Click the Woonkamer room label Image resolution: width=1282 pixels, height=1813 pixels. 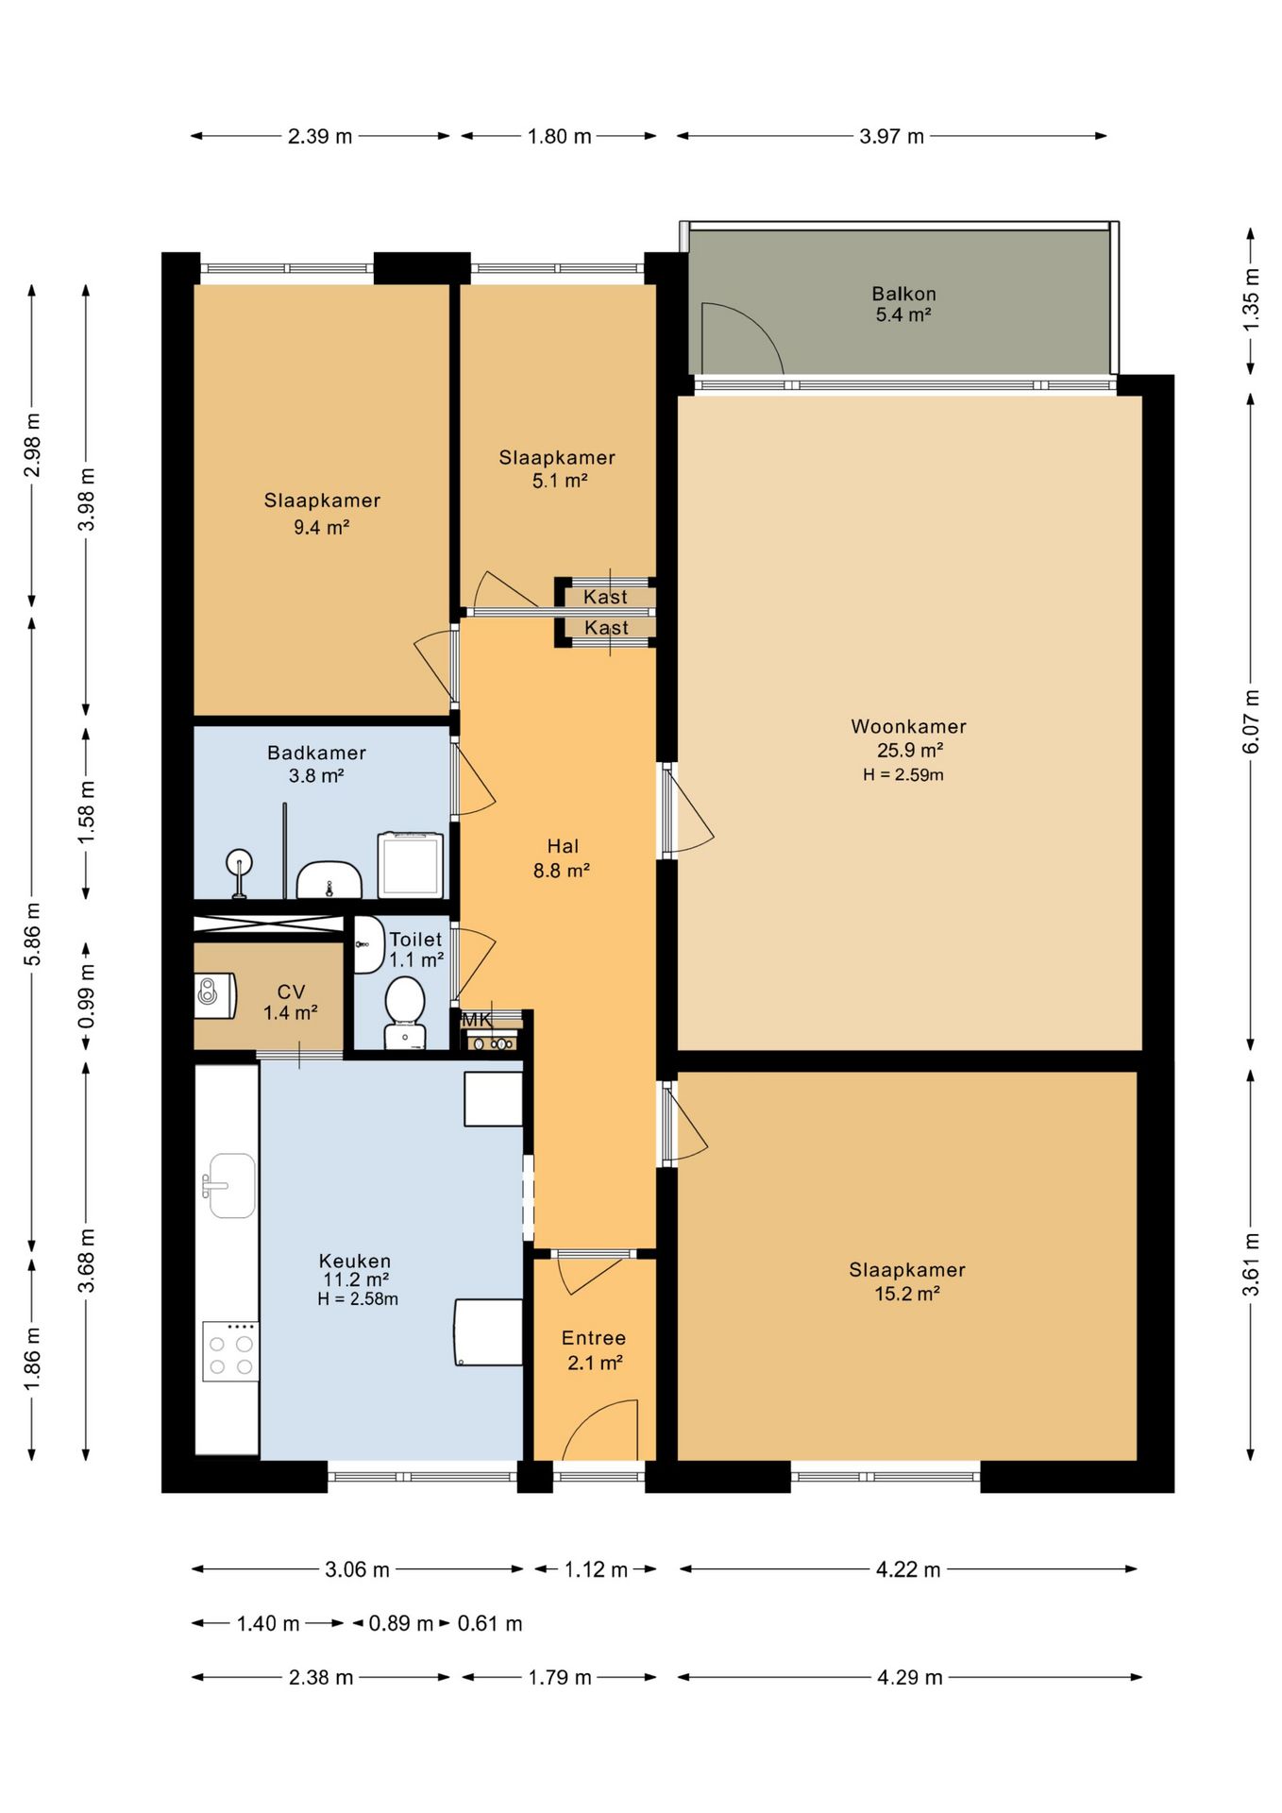click(908, 726)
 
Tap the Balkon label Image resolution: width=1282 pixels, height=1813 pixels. click(903, 294)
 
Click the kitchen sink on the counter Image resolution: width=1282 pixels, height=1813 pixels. click(228, 1185)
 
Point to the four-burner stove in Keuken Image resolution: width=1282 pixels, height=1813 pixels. click(230, 1351)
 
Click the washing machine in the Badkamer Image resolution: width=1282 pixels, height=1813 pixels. click(411, 864)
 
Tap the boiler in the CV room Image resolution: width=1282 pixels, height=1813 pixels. click(214, 994)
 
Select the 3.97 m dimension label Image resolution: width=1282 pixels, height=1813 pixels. click(891, 136)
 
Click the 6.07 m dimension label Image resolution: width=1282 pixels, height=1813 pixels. click(1251, 721)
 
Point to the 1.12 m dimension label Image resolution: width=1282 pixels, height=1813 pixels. click(596, 1569)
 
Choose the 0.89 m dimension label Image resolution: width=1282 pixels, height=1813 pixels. click(400, 1623)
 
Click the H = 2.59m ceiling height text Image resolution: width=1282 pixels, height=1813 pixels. click(902, 774)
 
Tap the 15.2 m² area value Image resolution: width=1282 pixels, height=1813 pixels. click(906, 1294)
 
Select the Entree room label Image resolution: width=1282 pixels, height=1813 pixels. click(594, 1338)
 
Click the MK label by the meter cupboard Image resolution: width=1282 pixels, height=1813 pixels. click(477, 1020)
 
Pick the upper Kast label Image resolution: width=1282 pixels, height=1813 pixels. click(605, 597)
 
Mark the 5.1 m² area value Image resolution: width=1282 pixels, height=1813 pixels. click(560, 481)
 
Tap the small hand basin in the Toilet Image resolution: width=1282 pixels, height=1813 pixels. click(367, 943)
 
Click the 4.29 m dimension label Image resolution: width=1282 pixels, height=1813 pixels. click(910, 1677)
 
